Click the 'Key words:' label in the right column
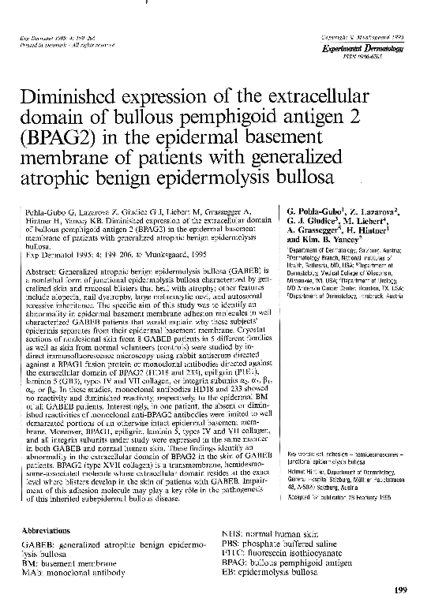(x=301, y=454)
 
